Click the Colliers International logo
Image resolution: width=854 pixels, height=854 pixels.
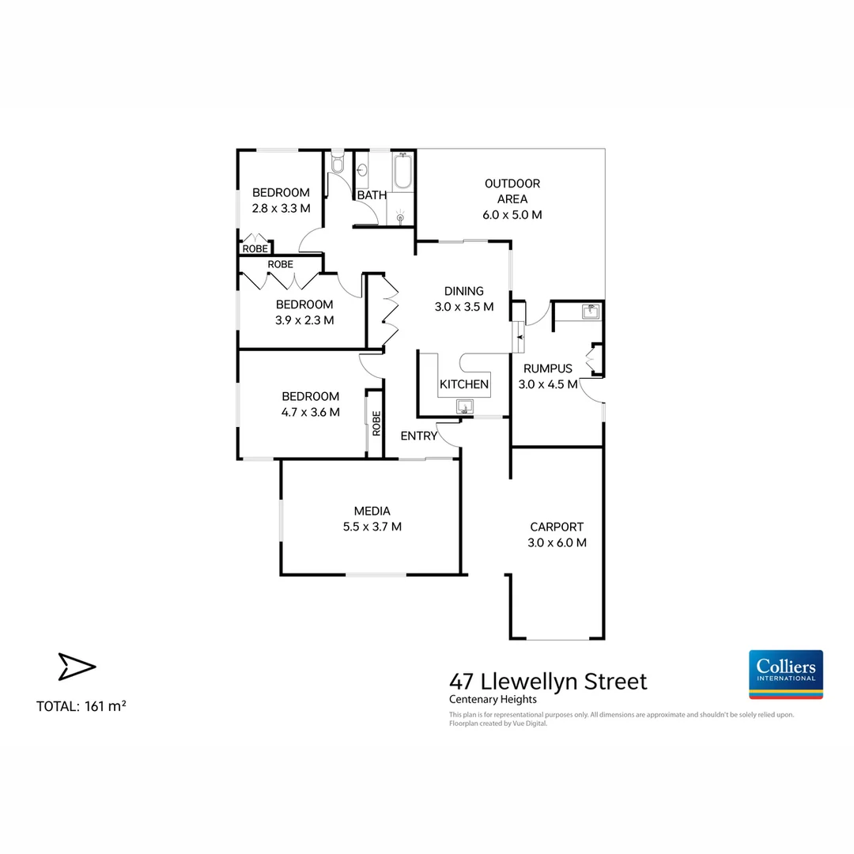click(x=785, y=674)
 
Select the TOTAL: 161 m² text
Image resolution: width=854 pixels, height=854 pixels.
click(x=81, y=706)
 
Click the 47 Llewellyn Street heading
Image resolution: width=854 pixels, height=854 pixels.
click(x=548, y=681)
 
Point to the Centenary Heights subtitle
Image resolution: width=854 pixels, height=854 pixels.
click(x=493, y=699)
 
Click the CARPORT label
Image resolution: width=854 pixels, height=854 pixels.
click(x=557, y=527)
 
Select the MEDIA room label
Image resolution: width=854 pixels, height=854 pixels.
click(x=372, y=511)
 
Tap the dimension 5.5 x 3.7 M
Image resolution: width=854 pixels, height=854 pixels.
click(x=372, y=527)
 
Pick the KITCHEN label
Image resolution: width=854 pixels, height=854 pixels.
click(x=464, y=384)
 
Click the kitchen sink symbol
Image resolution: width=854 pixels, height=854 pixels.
click(x=464, y=406)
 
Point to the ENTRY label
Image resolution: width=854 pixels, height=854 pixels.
click(x=418, y=436)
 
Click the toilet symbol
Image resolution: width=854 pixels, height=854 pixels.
click(x=338, y=164)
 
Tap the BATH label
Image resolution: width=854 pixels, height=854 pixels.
click(x=372, y=195)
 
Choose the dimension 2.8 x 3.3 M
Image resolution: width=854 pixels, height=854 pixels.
click(x=281, y=208)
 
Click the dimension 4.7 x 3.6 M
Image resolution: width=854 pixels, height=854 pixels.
click(x=311, y=412)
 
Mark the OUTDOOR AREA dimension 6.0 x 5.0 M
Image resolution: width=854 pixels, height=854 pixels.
click(x=512, y=214)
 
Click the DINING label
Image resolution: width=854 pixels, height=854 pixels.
click(x=464, y=291)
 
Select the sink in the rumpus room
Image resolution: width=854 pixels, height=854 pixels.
click(x=589, y=312)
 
